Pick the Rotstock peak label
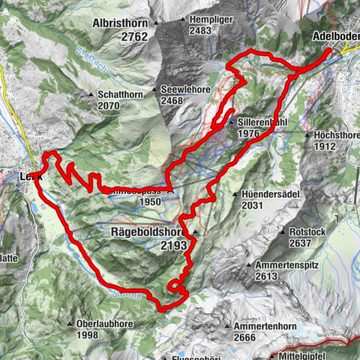pyautogui.click(x=308, y=232)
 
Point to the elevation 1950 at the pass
pyautogui.click(x=150, y=202)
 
